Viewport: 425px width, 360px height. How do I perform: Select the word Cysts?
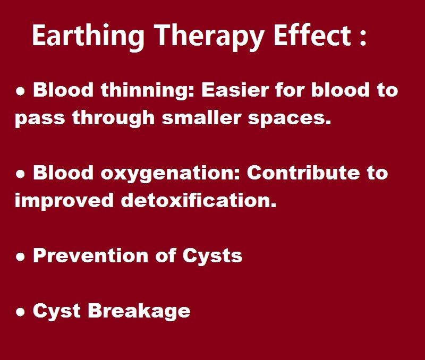click(x=212, y=256)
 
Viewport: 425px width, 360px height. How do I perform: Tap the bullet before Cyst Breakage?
click(x=20, y=312)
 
